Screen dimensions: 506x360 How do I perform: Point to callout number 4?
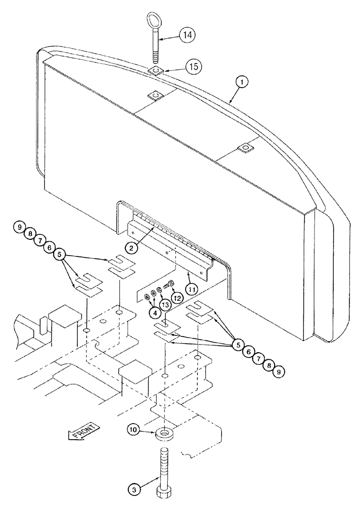coord(155,312)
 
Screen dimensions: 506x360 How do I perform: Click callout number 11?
coord(191,289)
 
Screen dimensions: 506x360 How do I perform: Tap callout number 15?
coord(178,66)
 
